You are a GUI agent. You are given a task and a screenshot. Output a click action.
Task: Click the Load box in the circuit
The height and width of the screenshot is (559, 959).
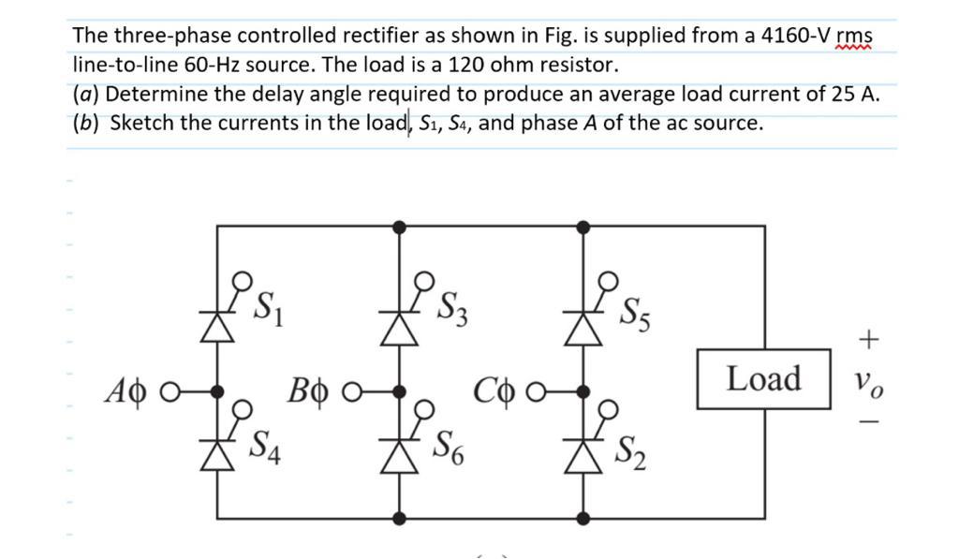point(763,379)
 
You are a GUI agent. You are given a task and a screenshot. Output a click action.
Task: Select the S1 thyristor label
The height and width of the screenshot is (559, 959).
point(271,305)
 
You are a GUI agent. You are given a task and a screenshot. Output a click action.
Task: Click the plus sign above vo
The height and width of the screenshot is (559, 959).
point(868,340)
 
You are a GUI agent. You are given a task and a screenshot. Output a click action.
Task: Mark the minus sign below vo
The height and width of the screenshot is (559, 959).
point(868,423)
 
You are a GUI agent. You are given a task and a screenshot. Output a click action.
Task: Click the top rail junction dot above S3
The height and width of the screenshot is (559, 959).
point(400,226)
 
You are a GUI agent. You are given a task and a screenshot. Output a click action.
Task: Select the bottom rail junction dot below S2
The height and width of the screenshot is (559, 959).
point(583,517)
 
